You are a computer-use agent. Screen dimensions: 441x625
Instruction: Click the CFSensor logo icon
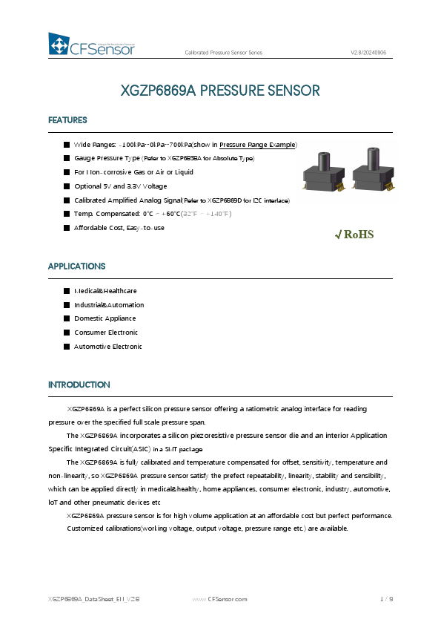[59, 45]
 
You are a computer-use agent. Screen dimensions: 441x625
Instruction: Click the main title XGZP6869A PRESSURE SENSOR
[220, 91]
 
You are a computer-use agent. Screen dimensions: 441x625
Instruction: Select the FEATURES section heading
[67, 120]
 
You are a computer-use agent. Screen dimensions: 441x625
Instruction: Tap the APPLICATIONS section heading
[76, 266]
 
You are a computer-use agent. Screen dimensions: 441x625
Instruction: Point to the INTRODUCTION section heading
[79, 385]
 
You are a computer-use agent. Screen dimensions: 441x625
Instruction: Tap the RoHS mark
[355, 235]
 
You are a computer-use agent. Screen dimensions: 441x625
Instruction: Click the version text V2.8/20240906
[368, 53]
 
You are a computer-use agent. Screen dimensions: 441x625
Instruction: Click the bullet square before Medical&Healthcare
[67, 291]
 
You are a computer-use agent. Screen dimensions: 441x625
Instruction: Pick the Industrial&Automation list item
[109, 305]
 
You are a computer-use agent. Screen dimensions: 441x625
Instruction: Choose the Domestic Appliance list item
[105, 318]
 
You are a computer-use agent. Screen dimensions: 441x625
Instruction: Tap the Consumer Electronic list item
[106, 333]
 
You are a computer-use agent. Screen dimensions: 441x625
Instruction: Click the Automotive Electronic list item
[107, 347]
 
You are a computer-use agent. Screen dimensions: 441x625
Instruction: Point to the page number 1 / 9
[385, 598]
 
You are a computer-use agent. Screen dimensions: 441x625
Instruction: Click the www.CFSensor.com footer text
[219, 598]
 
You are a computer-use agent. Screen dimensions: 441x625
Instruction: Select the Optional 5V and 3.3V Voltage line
[120, 186]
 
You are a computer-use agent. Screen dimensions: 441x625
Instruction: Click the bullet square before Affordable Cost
[67, 227]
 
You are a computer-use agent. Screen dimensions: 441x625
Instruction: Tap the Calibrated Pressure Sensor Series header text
[223, 53]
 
